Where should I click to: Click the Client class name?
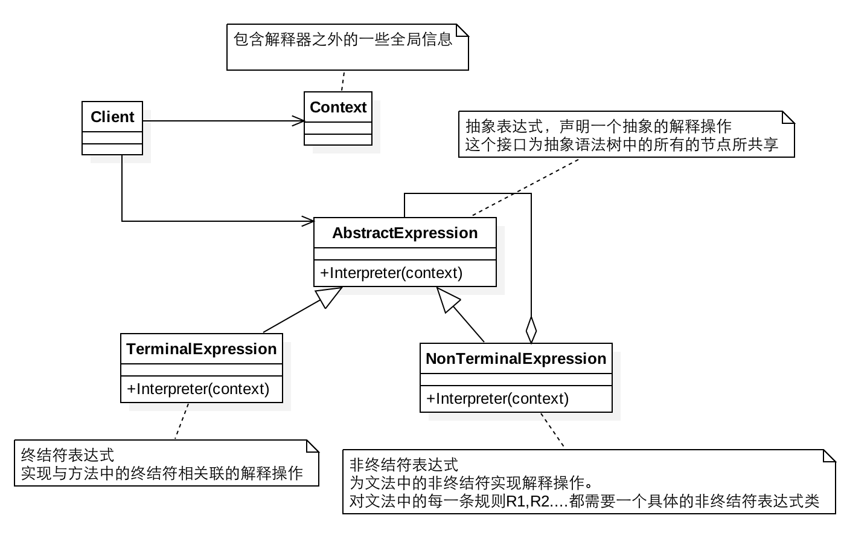[112, 117]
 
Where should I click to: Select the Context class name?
[338, 107]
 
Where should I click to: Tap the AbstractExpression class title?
[404, 233]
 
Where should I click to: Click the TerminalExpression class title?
[201, 349]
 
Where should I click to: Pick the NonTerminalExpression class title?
[516, 358]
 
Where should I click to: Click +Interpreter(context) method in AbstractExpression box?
[391, 273]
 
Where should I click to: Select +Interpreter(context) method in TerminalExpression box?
[198, 389]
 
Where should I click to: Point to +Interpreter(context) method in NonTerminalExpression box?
[497, 398]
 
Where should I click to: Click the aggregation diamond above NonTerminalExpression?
[531, 330]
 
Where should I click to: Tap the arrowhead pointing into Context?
[299, 121]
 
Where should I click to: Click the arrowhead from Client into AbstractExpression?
[309, 221]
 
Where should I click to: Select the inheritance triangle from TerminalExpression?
[330, 296]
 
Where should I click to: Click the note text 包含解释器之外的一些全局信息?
[342, 40]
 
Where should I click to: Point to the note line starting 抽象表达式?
[598, 126]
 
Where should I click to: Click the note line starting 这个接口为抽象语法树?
[622, 144]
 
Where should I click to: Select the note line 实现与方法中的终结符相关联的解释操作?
[162, 473]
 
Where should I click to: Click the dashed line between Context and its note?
[343, 81]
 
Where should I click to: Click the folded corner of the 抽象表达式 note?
[788, 117]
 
